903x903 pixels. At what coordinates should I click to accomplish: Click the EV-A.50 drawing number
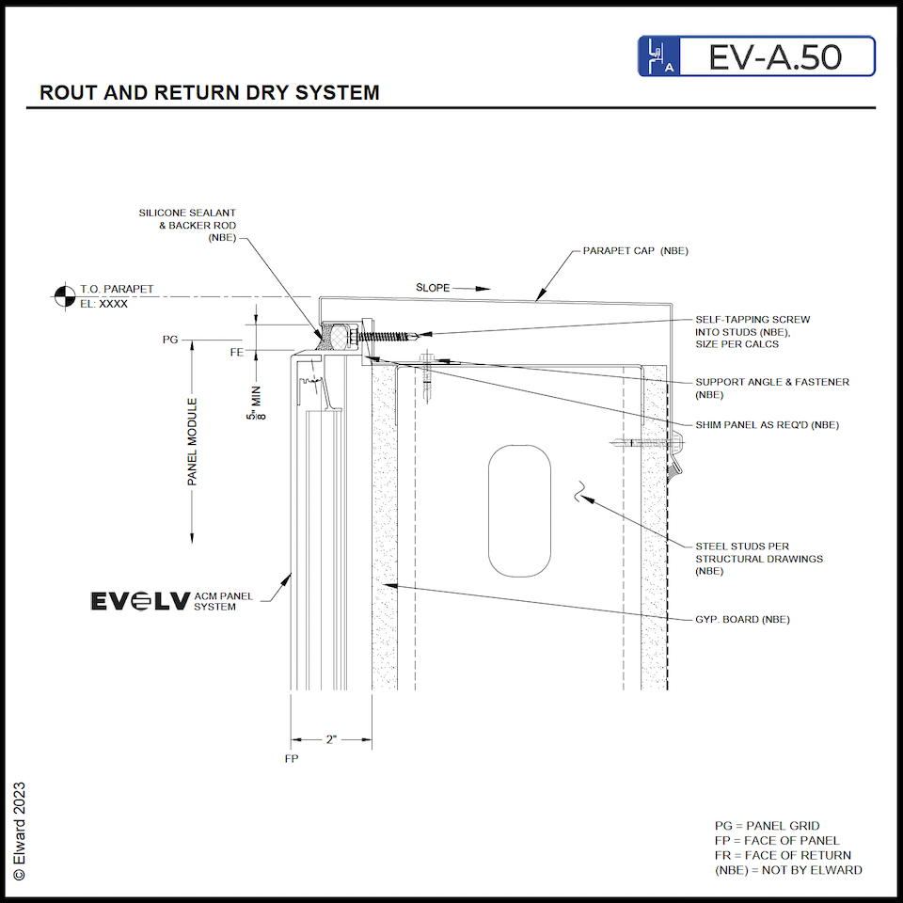point(775,57)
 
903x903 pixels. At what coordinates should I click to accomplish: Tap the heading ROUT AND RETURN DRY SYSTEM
point(210,93)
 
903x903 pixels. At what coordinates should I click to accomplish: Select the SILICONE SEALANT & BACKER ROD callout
point(187,226)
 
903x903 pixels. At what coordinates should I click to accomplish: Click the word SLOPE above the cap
point(433,287)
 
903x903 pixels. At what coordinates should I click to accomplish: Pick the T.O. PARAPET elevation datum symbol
point(63,296)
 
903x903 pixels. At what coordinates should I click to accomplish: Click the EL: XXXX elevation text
point(103,305)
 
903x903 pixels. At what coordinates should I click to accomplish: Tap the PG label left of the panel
point(170,339)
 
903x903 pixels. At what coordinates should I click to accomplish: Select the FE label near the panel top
point(237,353)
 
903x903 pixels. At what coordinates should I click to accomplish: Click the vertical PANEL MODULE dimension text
point(193,442)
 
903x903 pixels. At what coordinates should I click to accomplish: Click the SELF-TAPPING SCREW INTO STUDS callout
point(752,332)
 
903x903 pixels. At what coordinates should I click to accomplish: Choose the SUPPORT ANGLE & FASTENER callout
point(772,388)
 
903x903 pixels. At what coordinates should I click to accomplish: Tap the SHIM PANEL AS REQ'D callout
point(767,425)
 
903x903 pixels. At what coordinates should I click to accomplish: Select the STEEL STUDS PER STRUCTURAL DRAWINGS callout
point(759,558)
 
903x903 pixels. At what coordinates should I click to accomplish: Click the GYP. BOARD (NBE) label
point(742,619)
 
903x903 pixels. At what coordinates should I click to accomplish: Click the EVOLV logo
point(139,601)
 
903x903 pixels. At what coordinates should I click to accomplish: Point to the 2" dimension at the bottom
point(331,739)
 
